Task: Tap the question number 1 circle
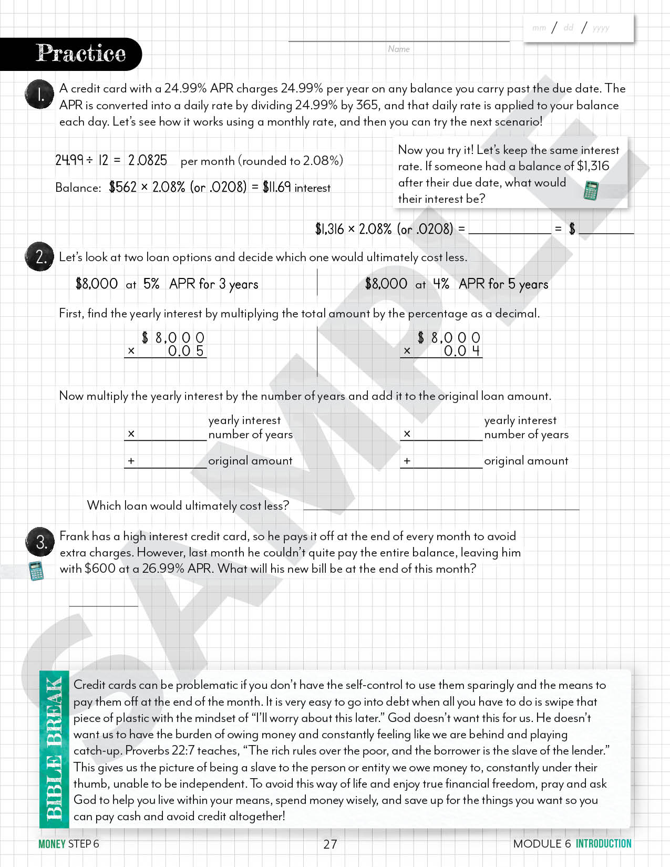pos(39,95)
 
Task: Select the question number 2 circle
pos(39,257)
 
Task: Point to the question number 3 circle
pos(40,542)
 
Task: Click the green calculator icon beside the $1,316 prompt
pos(591,190)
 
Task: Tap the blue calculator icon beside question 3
pos(36,571)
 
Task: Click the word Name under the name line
pos(399,49)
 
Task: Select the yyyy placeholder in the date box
pos(601,28)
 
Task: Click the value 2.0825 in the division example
pos(148,160)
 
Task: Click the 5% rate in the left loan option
pos(151,284)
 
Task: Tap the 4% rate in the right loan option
pos(441,284)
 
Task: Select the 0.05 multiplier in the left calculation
pos(185,351)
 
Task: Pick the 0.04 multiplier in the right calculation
pos(461,351)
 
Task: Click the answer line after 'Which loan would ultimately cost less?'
pos(441,507)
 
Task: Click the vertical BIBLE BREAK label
pos(54,749)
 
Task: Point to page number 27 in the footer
pos(330,844)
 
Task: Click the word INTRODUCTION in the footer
pos(603,843)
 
